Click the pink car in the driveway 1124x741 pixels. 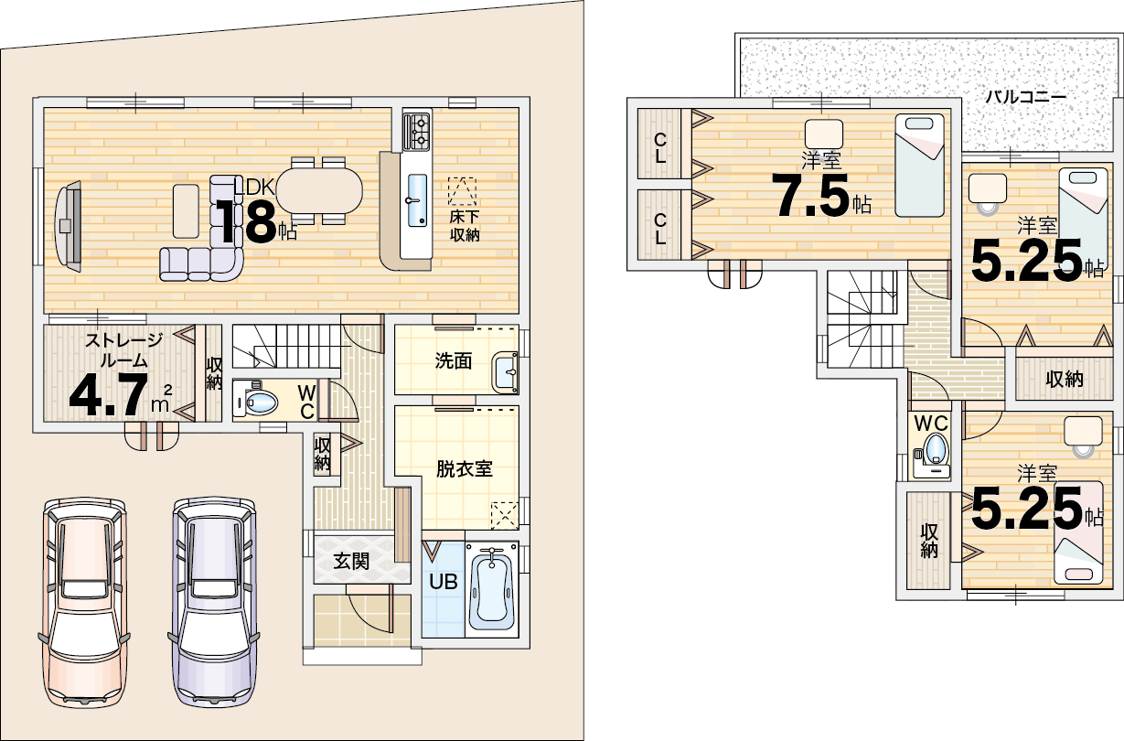pyautogui.click(x=83, y=602)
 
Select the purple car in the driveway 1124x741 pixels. pyautogui.click(x=214, y=602)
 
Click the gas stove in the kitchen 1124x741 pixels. pyautogui.click(x=416, y=131)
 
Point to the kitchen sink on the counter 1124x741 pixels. pyautogui.click(x=417, y=200)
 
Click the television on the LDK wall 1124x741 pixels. pyautogui.click(x=68, y=227)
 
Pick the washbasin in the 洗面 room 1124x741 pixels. pyautogui.click(x=506, y=372)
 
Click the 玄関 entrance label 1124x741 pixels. pyautogui.click(x=351, y=562)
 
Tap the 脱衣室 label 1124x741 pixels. pyautogui.click(x=465, y=469)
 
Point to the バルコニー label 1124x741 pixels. pyautogui.click(x=1025, y=96)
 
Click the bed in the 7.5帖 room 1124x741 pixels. pyautogui.click(x=919, y=166)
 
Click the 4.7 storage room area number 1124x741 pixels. pyautogui.click(x=109, y=395)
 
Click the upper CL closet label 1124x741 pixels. pyautogui.click(x=660, y=148)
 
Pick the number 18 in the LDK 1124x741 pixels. pyautogui.click(x=247, y=222)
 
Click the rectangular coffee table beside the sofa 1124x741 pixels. pyautogui.click(x=186, y=210)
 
